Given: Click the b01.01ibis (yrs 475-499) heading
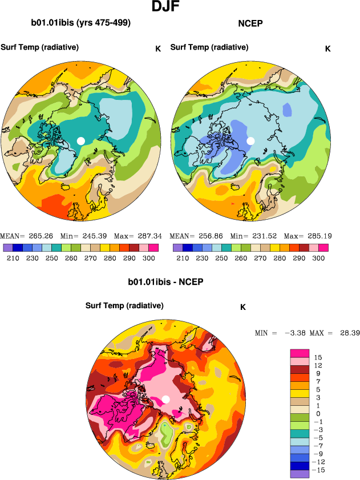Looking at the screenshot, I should (x=81, y=23).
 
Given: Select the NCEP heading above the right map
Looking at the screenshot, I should (x=249, y=24).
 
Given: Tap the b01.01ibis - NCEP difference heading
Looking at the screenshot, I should (x=166, y=283).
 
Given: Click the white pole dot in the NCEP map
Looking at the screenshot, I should (x=250, y=140).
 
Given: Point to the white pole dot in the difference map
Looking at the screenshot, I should (x=165, y=399).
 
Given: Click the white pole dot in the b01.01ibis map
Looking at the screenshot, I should (x=81, y=140).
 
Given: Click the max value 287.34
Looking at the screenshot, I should (x=147, y=236).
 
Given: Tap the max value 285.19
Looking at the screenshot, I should (x=317, y=236).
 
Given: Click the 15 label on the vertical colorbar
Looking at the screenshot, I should (x=318, y=357).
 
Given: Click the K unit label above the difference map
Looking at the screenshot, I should (x=242, y=307).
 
